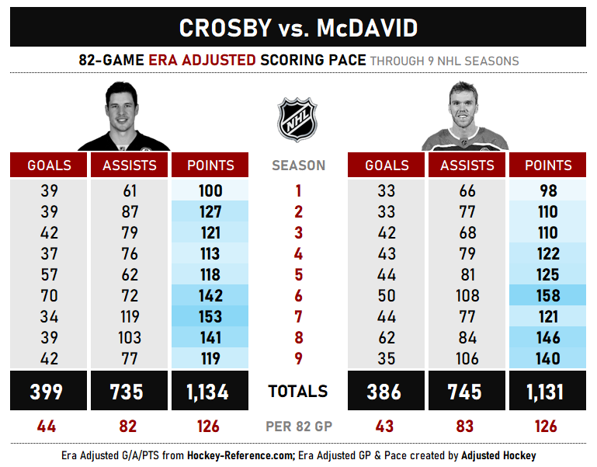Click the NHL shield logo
point(298,119)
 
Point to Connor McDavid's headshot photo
point(464,117)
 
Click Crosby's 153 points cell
point(210,317)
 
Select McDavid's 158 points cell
point(548,296)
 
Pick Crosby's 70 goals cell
point(49,296)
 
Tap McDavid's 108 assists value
point(467,296)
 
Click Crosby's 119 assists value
point(130,317)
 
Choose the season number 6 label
point(299,296)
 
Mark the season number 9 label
point(299,359)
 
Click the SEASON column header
point(299,166)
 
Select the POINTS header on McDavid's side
point(548,166)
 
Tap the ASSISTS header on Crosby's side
point(130,166)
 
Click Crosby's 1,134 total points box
point(210,392)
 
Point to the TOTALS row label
point(299,392)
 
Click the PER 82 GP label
point(299,427)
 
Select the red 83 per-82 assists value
point(467,427)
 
